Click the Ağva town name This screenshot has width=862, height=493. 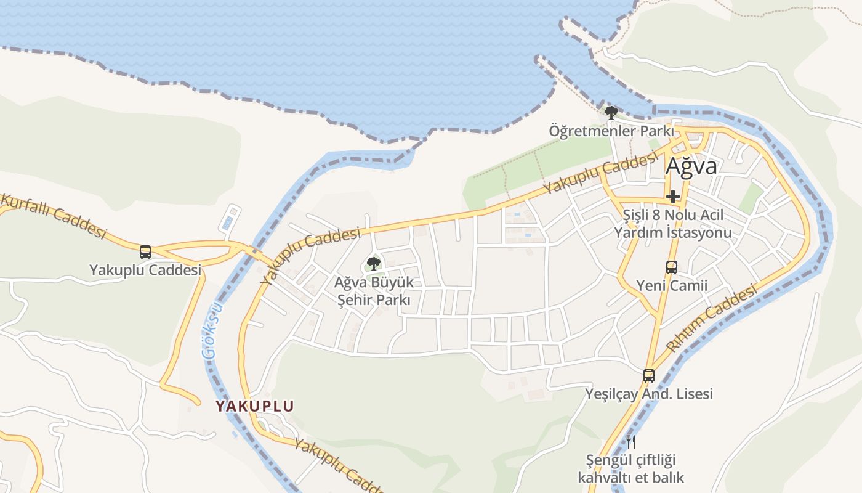pyautogui.click(x=691, y=166)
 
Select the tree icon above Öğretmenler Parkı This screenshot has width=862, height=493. pyautogui.click(x=611, y=113)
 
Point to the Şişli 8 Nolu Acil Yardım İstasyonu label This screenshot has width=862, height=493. pyautogui.click(x=673, y=224)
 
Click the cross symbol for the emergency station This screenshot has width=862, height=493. pyautogui.click(x=673, y=197)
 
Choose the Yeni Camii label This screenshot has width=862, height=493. pyautogui.click(x=672, y=285)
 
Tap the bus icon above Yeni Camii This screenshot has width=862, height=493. pyautogui.click(x=672, y=267)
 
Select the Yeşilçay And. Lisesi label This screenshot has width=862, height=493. pyautogui.click(x=649, y=394)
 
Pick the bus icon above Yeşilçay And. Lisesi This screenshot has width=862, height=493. pyautogui.click(x=649, y=375)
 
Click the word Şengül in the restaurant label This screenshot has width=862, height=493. pyautogui.click(x=608, y=460)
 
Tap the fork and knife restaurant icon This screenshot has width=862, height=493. pyautogui.click(x=630, y=441)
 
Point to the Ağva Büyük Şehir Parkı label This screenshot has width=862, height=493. pyautogui.click(x=373, y=291)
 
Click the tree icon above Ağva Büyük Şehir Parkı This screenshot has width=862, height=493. pyautogui.click(x=373, y=264)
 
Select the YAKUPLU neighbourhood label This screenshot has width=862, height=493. pyautogui.click(x=254, y=406)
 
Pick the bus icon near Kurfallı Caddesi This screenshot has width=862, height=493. pyautogui.click(x=145, y=251)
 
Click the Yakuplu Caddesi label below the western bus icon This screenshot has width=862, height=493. pyautogui.click(x=145, y=270)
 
